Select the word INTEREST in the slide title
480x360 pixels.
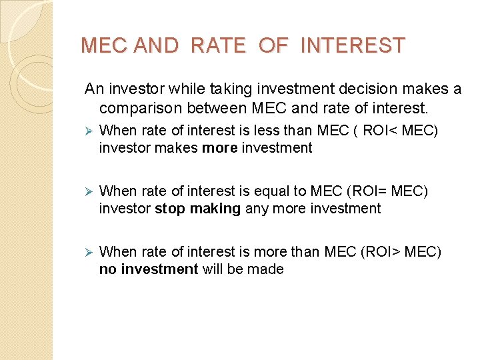[353, 46]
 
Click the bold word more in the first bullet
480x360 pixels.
[219, 148]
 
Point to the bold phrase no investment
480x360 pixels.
[149, 269]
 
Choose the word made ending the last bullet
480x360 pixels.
[269, 269]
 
